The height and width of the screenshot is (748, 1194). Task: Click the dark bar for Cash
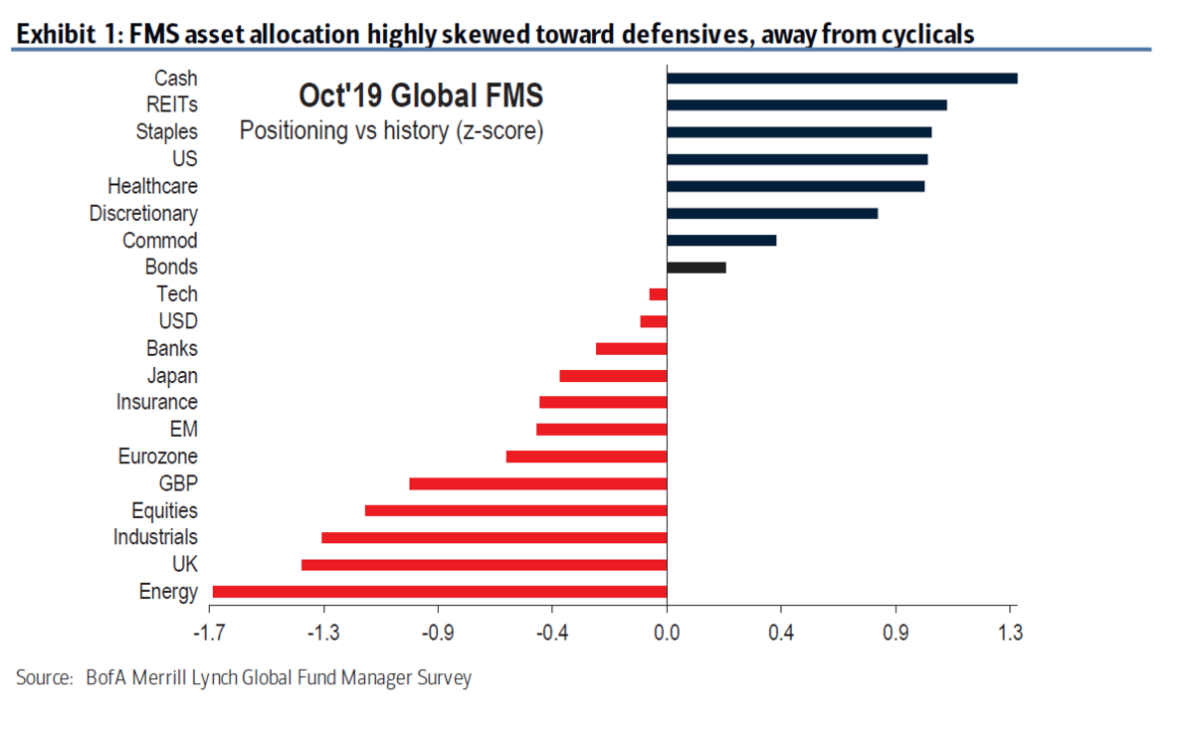(842, 78)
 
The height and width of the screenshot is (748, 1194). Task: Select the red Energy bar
(440, 592)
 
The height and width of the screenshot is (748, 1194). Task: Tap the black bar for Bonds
(696, 267)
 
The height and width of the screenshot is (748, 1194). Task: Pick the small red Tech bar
(658, 294)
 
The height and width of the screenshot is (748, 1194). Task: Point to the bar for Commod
(721, 240)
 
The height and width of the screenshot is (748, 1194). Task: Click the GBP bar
(538, 483)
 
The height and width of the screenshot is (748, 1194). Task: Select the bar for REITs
(807, 104)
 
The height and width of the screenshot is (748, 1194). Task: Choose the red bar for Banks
(631, 348)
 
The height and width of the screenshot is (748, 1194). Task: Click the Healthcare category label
(152, 186)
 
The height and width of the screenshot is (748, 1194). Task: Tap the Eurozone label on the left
(157, 457)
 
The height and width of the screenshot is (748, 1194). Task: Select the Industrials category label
(155, 538)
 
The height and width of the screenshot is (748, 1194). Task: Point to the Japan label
(172, 376)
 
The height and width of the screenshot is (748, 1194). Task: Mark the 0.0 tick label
(667, 632)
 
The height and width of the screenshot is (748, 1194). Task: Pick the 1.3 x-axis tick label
(1010, 632)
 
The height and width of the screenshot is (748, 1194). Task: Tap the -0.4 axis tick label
(552, 632)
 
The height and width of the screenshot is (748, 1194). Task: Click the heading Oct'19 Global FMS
(421, 96)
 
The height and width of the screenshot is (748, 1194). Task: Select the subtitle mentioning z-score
(391, 131)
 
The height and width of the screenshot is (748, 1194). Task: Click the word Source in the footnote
(44, 678)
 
